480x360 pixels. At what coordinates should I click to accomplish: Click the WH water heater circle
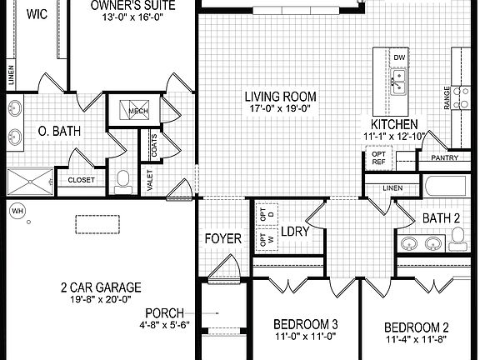coord(16,211)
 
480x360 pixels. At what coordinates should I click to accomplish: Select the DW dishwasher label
coord(399,57)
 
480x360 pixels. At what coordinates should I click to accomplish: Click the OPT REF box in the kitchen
coord(377,159)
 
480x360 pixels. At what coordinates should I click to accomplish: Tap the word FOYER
coord(222,239)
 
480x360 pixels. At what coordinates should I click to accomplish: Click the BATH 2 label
coord(441,218)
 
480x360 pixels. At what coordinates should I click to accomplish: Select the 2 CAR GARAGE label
coord(99,287)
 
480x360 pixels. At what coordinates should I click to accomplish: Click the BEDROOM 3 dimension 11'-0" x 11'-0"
coord(305,337)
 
